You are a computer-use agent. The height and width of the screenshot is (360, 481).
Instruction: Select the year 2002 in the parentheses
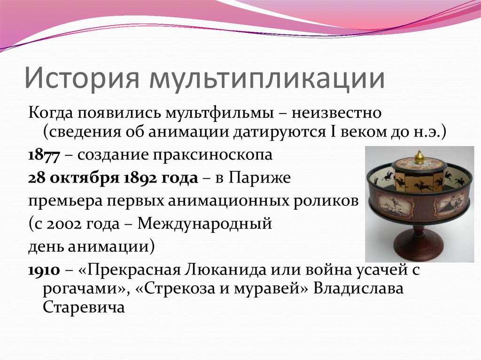(x=63, y=224)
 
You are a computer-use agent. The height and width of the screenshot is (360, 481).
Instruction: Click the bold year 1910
(x=44, y=271)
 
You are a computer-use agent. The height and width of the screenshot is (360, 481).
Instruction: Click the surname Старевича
(x=84, y=307)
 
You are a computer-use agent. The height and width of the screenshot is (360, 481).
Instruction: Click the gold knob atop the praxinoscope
(x=419, y=156)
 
